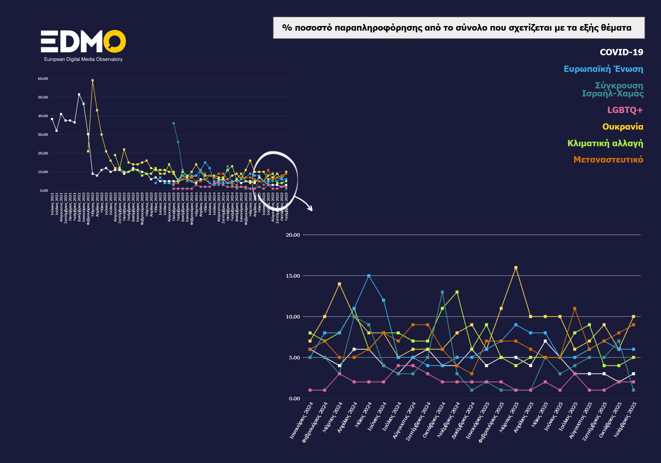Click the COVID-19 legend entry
[621, 52]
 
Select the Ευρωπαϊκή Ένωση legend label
[603, 69]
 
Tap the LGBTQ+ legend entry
[625, 110]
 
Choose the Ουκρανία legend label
[622, 126]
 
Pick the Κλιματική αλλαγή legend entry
[605, 143]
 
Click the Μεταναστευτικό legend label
[608, 159]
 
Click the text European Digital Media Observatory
[83, 59]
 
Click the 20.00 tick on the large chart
[293, 235]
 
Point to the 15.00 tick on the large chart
[293, 276]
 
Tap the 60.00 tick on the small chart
[43, 79]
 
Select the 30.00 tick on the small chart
[43, 134]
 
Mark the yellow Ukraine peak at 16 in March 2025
[516, 268]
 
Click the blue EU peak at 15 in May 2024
[369, 276]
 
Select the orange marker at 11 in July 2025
[575, 308]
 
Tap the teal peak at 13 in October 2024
[442, 292]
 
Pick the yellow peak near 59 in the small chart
[92, 80]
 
